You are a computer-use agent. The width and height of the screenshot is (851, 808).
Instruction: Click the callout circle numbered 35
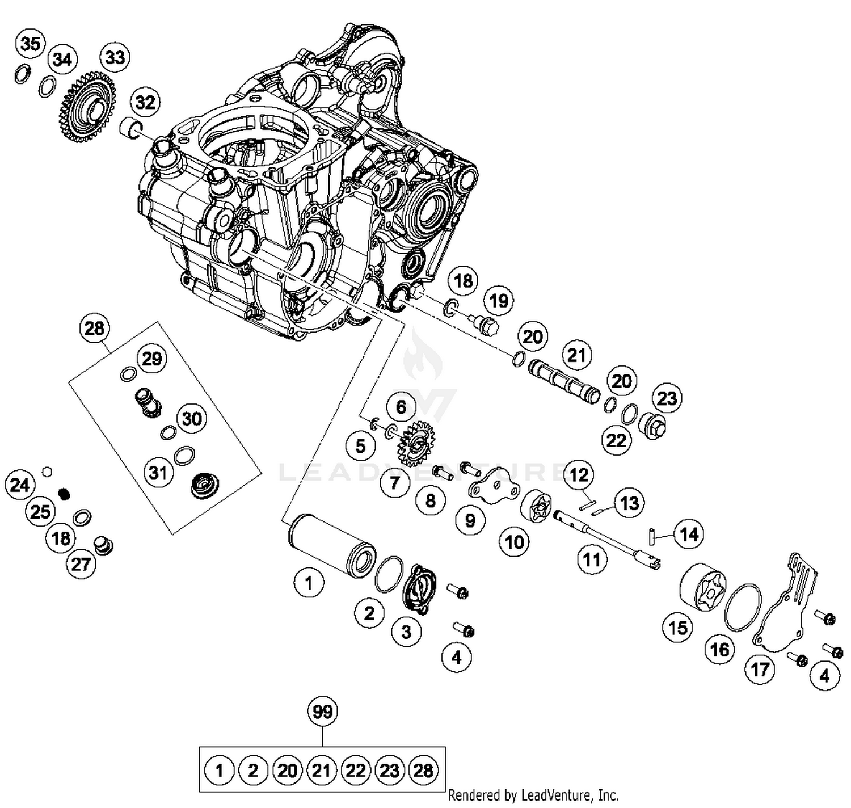click(31, 43)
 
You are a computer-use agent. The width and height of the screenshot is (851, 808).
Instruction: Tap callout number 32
click(145, 102)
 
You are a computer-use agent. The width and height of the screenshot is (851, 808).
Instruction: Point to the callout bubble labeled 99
click(322, 711)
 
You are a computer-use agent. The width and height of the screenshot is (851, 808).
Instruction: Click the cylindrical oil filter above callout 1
click(331, 543)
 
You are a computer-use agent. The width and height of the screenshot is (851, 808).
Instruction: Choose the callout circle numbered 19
click(499, 300)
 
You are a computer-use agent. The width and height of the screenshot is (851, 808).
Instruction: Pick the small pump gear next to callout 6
click(417, 443)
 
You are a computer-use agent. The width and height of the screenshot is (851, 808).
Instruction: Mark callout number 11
click(592, 559)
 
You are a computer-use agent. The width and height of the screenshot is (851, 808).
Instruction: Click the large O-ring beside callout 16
click(743, 608)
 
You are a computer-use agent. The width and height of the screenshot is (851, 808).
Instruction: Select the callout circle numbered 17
click(760, 669)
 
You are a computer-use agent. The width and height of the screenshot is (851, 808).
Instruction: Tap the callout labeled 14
click(689, 534)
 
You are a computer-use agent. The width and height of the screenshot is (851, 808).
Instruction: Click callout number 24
click(20, 485)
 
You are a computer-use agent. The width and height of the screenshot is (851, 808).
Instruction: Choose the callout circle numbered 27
click(81, 564)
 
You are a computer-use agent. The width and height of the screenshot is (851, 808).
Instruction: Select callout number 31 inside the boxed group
click(158, 472)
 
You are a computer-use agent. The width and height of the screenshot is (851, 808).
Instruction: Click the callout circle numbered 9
click(470, 520)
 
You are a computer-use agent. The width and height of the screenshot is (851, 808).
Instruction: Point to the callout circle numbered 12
click(579, 474)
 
